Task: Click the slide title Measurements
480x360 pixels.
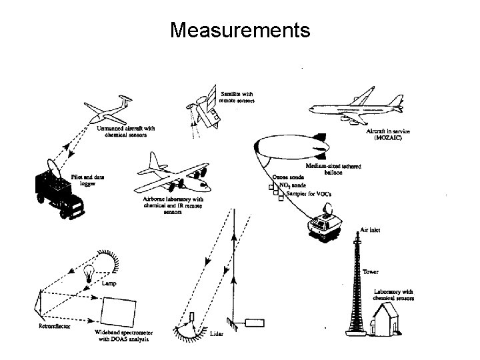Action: [240, 29]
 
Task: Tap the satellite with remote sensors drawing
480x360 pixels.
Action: [206, 110]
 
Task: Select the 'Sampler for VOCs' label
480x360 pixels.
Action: [306, 193]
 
